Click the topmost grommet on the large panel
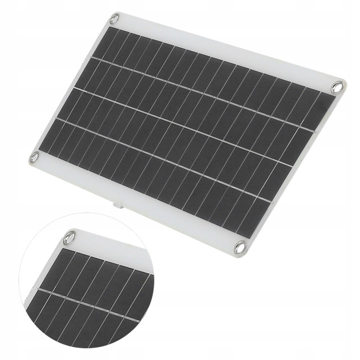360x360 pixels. coord(114,18)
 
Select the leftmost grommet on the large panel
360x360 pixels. coord(34,157)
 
